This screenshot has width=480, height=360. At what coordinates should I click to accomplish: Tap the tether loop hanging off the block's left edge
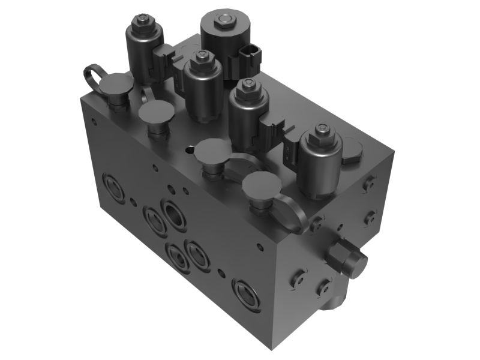point(92,77)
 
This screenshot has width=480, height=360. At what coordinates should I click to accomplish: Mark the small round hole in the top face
point(190,151)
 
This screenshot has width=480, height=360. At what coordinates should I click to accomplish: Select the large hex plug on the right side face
point(347,257)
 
